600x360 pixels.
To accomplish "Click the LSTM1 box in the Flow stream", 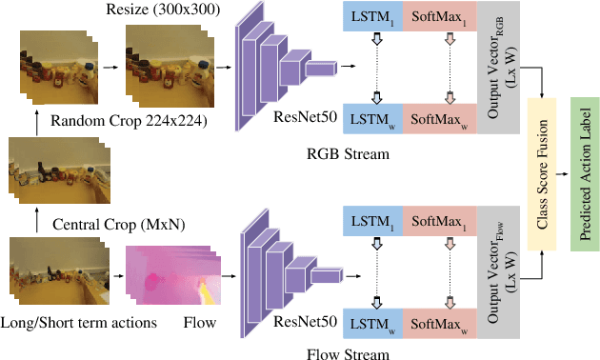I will (374, 221).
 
